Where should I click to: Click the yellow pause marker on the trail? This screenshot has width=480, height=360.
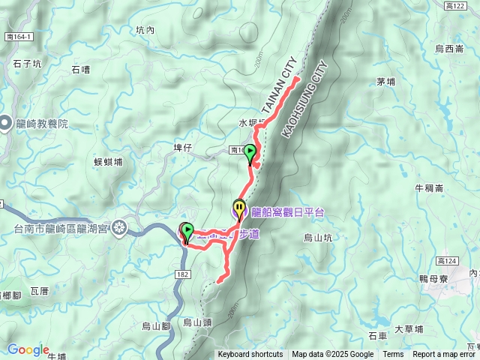pos(238,208)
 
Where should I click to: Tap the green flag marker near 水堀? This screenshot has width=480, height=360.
pos(250,154)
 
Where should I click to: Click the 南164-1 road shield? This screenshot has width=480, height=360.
pos(18,36)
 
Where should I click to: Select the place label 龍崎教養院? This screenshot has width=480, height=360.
pos(42,124)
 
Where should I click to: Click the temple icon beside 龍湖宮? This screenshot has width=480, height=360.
pos(119,229)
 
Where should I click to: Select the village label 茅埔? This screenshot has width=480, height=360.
pos(385,82)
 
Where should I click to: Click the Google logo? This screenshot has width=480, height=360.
pos(28,349)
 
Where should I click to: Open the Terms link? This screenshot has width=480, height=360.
pos(393,355)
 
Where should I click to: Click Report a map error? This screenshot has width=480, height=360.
pos(445,355)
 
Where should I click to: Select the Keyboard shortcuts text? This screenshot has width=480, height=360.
pos(250,355)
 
